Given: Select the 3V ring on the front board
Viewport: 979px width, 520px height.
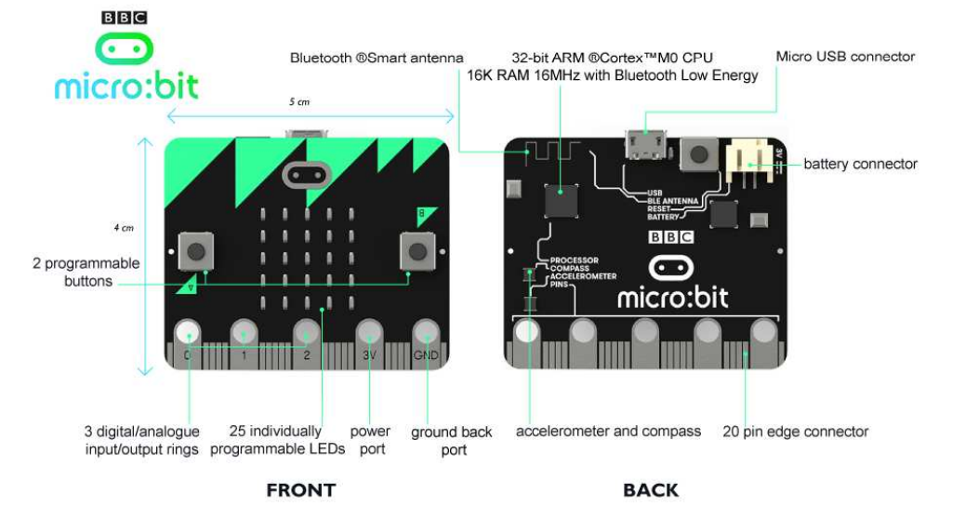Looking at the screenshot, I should coord(368,333).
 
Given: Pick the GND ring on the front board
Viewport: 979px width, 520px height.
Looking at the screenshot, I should coord(426,333).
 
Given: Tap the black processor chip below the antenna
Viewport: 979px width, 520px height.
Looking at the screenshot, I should coord(561,200).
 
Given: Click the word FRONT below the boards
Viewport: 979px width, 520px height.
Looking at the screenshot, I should coord(300,490).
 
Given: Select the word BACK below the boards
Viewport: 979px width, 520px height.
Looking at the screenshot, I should coord(651,490).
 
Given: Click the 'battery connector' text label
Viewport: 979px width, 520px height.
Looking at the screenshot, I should coord(860,165).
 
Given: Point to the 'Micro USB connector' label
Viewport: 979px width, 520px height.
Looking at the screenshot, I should coord(845,57).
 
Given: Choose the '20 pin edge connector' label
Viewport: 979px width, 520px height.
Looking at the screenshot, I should coord(795,432).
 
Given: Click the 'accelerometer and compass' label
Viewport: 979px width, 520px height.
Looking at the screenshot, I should coord(609,432).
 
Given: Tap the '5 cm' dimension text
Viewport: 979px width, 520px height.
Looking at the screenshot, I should coord(299,100).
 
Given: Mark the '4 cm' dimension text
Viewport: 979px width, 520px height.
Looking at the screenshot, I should coord(124,227).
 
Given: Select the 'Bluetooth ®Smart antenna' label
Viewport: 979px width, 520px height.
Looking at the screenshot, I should coord(377,58).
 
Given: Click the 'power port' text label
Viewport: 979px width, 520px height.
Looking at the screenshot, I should coord(369,440).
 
